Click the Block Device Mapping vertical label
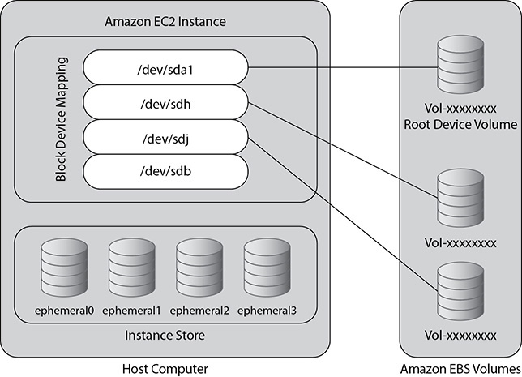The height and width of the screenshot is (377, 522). point(62,118)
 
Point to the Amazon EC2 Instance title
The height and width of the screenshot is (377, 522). point(165,20)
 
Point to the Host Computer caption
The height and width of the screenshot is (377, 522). point(166,368)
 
